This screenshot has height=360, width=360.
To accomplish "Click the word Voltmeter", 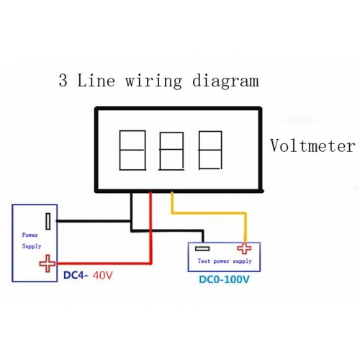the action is coord(312,145).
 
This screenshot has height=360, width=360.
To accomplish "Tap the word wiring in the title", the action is coord(153,81).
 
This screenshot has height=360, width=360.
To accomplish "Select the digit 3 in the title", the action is coord(63,80).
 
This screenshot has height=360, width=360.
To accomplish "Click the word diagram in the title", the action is coord(225,81).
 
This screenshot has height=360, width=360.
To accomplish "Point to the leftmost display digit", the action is coord(132,150).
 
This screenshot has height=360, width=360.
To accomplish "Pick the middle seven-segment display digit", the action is coord(171,151).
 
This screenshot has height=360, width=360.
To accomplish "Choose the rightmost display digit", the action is coord(210,150).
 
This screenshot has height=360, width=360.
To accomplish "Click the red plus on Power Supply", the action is coord(48,264).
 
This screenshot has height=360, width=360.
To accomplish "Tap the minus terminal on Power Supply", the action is coord(48,221).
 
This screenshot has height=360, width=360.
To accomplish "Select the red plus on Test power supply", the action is coord(244,248).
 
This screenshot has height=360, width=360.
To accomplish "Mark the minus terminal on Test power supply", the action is coord(202,248).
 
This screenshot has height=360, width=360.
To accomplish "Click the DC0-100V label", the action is coord(224,279).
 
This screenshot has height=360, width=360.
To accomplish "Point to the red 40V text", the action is coord(102,276).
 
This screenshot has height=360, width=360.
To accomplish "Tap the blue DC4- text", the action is coord(76,276).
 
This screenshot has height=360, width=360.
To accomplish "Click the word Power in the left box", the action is coord(30,235).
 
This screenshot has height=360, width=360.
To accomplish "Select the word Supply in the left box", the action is coord(32,246).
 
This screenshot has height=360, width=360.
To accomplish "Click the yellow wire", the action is coord(208,212).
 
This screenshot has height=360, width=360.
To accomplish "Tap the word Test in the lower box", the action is coord(204,261).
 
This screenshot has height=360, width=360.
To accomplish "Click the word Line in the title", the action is coord(96,81).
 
